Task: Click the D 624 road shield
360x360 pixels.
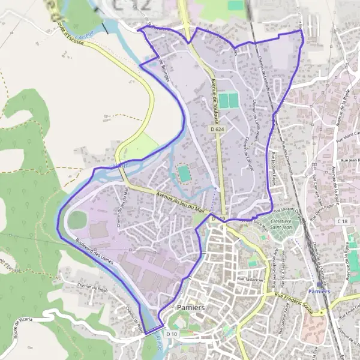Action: point(217,129)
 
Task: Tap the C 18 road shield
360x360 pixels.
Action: point(343,222)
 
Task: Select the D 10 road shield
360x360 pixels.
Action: point(172,334)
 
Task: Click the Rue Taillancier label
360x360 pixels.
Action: point(250,278)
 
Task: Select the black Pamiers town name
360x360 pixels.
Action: point(192,307)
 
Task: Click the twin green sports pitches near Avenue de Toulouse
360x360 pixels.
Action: point(227,101)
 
